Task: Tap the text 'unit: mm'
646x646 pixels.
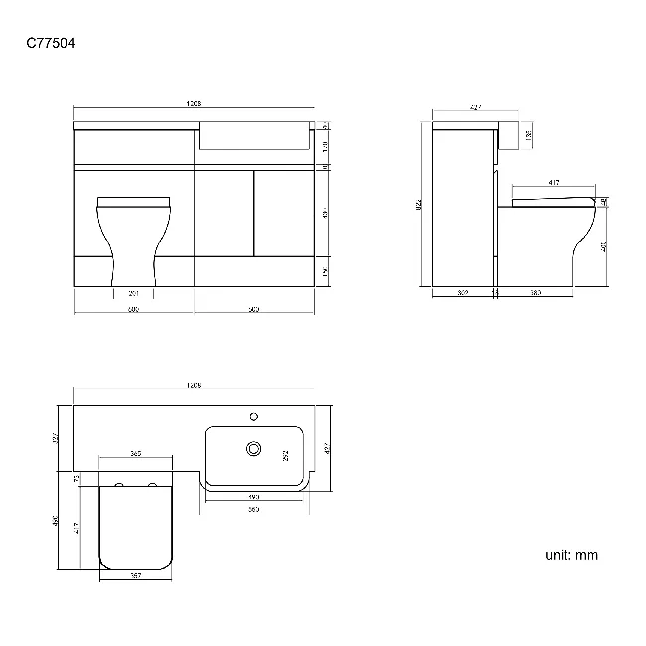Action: point(571,555)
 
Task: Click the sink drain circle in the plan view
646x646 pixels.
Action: point(253,450)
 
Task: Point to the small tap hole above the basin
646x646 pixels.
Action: point(253,416)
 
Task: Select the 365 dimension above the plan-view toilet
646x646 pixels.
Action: point(135,454)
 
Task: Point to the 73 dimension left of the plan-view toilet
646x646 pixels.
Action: point(77,479)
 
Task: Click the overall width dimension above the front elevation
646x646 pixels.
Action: point(195,104)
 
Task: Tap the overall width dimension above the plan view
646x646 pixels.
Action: point(195,385)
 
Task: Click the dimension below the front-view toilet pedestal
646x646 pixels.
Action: point(134,293)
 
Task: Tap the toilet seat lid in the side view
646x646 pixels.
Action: point(552,201)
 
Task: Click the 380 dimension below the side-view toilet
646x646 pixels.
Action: point(535,293)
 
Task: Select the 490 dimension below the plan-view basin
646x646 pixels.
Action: point(253,495)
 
